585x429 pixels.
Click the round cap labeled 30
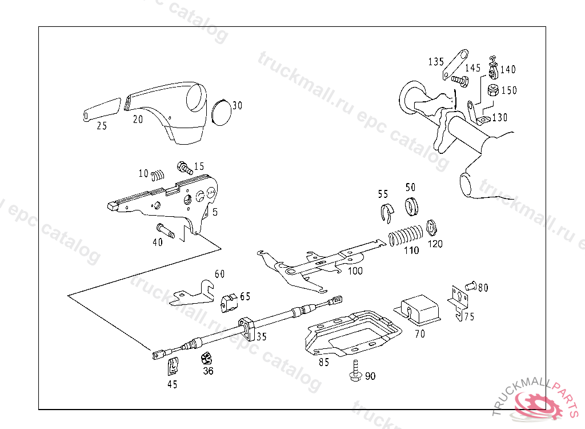(x=221, y=111)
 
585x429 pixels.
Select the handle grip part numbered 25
(x=101, y=109)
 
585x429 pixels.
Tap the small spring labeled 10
(x=158, y=173)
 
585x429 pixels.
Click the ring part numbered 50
(x=412, y=206)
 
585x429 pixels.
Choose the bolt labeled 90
(x=355, y=372)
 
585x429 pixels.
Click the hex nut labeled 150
(x=493, y=90)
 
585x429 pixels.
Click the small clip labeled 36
(x=206, y=359)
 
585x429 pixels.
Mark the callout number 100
(x=355, y=271)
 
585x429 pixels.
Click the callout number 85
(x=323, y=362)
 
